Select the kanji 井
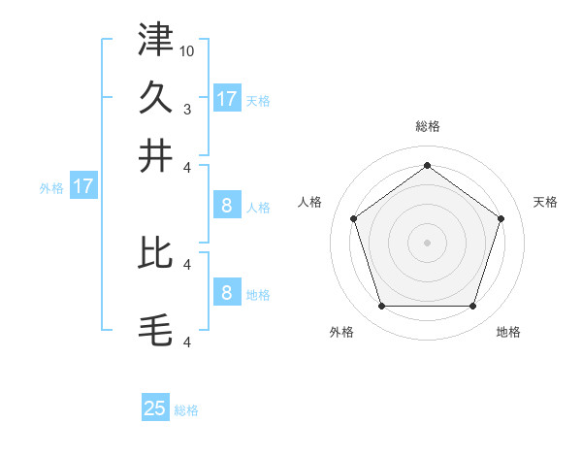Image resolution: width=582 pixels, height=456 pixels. [155, 155]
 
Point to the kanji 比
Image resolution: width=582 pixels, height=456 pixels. [155, 252]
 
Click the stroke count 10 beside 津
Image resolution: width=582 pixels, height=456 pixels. [187, 50]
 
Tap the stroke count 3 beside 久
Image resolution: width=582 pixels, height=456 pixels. [187, 109]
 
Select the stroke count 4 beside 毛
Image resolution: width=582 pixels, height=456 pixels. [187, 342]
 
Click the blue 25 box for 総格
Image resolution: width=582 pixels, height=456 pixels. [155, 408]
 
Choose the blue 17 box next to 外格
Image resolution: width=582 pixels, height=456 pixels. [83, 186]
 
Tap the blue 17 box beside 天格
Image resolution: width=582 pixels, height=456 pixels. [227, 98]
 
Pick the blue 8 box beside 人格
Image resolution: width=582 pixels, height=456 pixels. [227, 206]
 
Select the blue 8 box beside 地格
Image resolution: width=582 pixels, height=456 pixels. [227, 293]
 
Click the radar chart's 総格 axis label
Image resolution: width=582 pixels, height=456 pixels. [428, 126]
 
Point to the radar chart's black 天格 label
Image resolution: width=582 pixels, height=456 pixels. [546, 202]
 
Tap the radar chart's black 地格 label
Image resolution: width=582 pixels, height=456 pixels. [508, 333]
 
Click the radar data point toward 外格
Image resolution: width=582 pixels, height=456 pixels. [381, 307]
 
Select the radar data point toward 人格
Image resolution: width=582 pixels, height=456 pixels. [353, 218]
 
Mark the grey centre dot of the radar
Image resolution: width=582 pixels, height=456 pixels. [428, 242]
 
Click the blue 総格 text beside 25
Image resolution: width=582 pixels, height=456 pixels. [186, 410]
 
